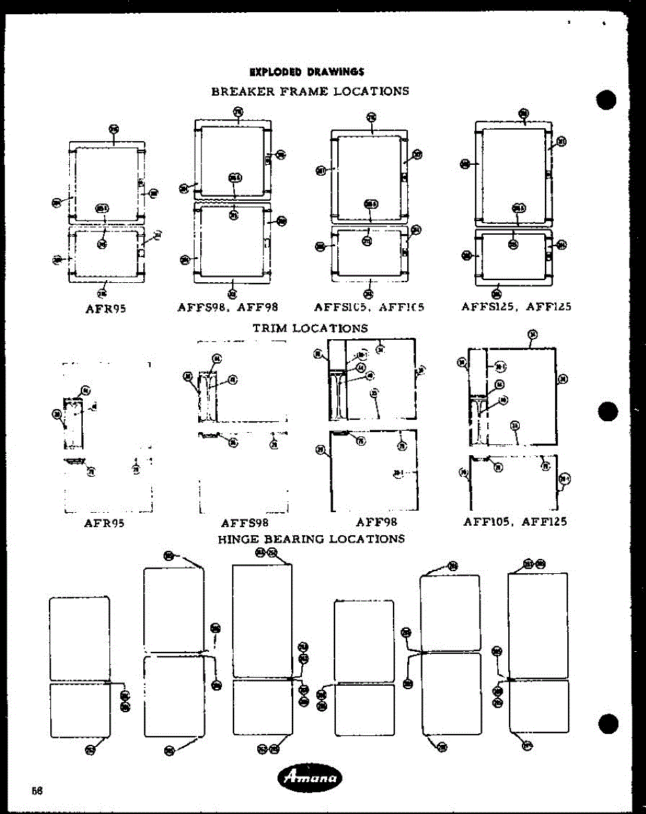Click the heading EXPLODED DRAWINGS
point(307,72)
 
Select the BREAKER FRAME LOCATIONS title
point(310,91)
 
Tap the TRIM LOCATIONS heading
point(310,328)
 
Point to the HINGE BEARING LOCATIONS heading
point(311,539)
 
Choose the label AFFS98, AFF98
point(228,307)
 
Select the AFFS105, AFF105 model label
point(369,307)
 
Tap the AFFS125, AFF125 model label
point(516,307)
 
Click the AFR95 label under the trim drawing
point(104,523)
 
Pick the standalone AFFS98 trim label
point(245,523)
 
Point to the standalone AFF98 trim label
point(376,522)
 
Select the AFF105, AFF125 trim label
point(515,522)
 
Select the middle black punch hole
point(607,411)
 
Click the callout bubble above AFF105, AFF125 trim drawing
point(533,334)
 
